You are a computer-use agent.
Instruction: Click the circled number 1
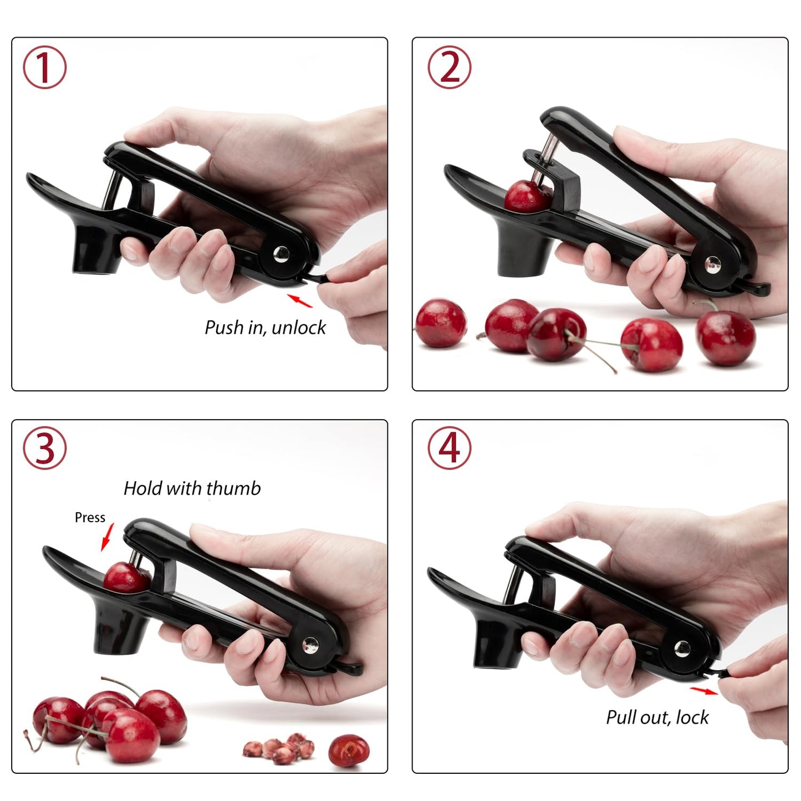44,67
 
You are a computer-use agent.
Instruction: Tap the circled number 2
449,67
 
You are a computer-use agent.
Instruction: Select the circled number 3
44,448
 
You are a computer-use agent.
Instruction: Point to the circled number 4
449,448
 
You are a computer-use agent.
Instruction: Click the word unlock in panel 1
299,328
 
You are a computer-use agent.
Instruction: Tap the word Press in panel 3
90,517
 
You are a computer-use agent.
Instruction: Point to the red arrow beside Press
108,537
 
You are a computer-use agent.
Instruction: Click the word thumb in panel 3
233,488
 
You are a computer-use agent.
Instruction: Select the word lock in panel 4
692,717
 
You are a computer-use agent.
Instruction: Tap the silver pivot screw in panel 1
281,254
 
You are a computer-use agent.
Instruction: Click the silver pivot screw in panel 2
712,265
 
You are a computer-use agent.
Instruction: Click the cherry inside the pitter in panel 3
125,578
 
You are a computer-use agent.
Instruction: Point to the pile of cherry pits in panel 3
279,747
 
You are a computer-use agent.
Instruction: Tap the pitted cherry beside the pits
348,751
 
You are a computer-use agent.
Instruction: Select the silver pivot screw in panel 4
682,647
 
